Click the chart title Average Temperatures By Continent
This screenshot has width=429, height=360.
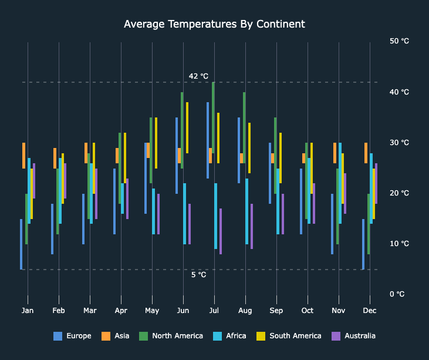coord(214,24)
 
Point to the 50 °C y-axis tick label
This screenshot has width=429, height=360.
coord(399,41)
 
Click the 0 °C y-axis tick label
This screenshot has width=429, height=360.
coord(397,294)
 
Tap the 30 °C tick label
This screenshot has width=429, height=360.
coord(399,143)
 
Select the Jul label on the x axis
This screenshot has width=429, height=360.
coord(214,310)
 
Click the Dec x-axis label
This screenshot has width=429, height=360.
coord(370,310)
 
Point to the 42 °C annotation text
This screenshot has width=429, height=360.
coord(198,76)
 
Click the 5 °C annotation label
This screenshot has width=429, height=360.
coord(198,275)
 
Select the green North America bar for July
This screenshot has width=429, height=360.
coord(213,117)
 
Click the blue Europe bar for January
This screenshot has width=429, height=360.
coord(21,244)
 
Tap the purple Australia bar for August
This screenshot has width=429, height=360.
coord(252,226)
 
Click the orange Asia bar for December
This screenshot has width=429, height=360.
coord(366,153)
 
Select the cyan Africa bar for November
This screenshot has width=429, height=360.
coord(340,183)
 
